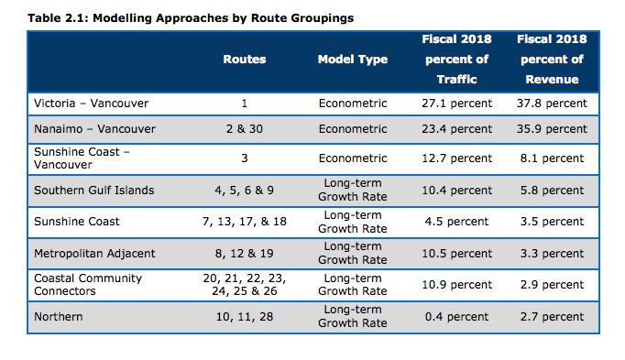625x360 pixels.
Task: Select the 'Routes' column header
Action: point(244,60)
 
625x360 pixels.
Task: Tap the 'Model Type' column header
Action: point(353,60)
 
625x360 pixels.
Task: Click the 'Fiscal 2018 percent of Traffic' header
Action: point(455,60)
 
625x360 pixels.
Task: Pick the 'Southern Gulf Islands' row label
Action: point(93,191)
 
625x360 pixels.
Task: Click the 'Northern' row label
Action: point(58,316)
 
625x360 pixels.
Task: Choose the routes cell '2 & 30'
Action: point(244,129)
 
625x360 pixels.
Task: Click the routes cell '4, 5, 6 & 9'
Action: point(244,191)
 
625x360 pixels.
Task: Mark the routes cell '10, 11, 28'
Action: point(244,316)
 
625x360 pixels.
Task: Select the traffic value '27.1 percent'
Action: point(455,104)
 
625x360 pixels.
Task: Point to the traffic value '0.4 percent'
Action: point(455,316)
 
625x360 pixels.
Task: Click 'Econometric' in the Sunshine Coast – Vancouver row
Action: point(353,158)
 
